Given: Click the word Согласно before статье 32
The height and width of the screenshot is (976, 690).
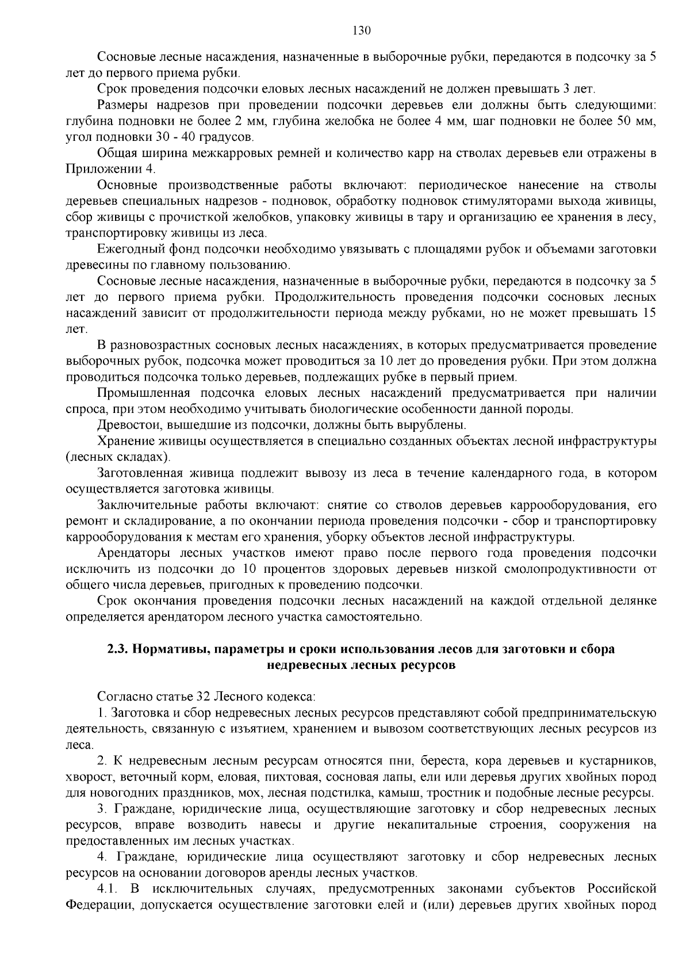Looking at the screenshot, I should [x=125, y=697].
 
